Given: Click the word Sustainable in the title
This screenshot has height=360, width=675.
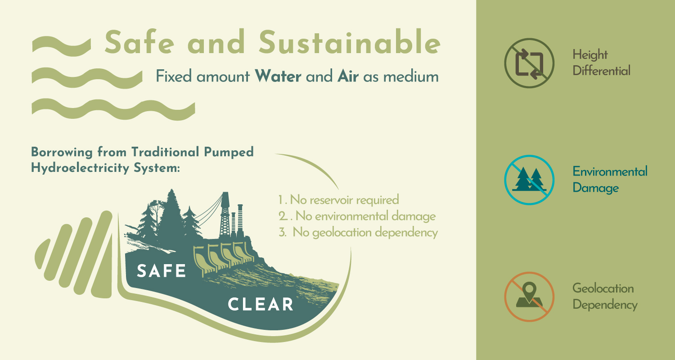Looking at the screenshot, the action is [x=350, y=42].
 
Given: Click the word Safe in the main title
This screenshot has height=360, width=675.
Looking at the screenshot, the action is [x=139, y=42].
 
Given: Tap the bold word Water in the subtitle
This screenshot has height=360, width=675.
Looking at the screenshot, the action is [x=278, y=76].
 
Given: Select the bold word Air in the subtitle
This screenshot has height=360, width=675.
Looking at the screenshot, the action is [x=348, y=76].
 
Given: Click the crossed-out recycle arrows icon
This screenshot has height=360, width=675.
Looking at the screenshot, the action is [x=529, y=63].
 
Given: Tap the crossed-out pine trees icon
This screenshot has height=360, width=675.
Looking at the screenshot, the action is [x=529, y=180].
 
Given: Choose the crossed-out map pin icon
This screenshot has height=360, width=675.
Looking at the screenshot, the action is [x=529, y=297].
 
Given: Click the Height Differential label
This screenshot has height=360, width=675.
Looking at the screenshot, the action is [x=601, y=63].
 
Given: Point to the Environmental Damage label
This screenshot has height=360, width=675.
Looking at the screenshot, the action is [x=610, y=180].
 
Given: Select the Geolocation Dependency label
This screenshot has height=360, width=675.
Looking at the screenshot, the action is [x=605, y=297].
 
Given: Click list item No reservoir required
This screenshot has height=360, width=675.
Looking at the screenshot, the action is [x=338, y=200].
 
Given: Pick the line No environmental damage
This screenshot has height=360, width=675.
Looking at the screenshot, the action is [x=357, y=216].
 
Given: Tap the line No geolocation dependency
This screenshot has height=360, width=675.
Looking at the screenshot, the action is [x=358, y=233].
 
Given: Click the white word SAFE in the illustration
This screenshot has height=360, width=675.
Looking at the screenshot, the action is [x=161, y=271].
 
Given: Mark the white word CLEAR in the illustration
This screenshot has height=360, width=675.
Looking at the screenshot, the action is [x=261, y=304].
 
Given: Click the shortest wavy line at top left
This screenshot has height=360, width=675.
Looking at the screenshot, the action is [x=61, y=46].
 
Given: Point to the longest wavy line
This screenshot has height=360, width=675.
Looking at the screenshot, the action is [x=113, y=109].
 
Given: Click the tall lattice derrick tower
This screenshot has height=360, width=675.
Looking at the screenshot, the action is [x=225, y=215].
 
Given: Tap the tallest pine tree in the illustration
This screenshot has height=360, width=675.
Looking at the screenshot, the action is [x=171, y=217].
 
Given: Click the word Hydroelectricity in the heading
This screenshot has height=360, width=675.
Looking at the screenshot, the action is [x=80, y=168].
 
